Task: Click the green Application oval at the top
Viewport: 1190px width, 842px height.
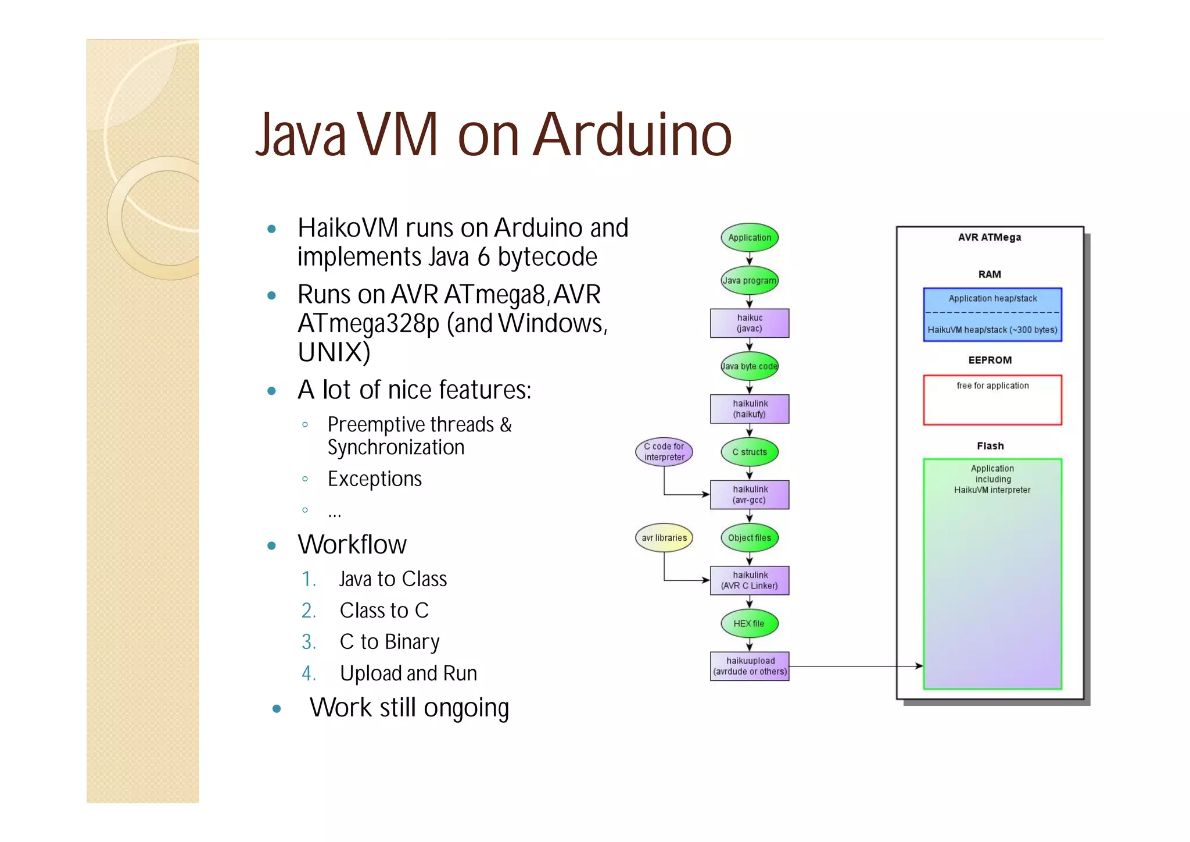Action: click(x=750, y=237)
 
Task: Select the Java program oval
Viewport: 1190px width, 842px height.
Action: click(x=750, y=280)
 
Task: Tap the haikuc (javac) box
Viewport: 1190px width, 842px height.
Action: click(x=750, y=323)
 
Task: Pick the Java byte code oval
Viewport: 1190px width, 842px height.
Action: click(x=750, y=366)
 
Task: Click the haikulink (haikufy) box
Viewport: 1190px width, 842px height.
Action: click(x=750, y=409)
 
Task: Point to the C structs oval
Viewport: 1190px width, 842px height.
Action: click(x=750, y=452)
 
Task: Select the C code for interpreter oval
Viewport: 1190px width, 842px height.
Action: click(x=664, y=452)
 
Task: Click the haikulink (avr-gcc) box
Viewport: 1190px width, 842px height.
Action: click(x=750, y=495)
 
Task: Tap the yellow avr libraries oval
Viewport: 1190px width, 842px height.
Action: click(x=664, y=538)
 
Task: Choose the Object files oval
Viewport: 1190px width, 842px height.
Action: click(x=750, y=538)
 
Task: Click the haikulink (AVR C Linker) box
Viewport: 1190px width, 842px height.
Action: click(x=750, y=580)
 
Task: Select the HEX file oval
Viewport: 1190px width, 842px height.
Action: click(x=750, y=623)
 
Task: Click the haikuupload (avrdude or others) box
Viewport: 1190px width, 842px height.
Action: click(x=750, y=666)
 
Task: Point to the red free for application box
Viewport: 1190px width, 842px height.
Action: click(x=992, y=400)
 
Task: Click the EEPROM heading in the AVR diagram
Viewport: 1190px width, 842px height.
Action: click(x=990, y=360)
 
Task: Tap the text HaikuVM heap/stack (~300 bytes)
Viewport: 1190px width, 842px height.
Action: click(x=992, y=330)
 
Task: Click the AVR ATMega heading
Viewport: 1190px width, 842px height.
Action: click(x=990, y=237)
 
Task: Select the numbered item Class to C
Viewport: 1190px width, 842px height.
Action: click(x=384, y=611)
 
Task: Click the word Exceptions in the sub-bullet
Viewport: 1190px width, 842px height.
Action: click(x=375, y=479)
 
